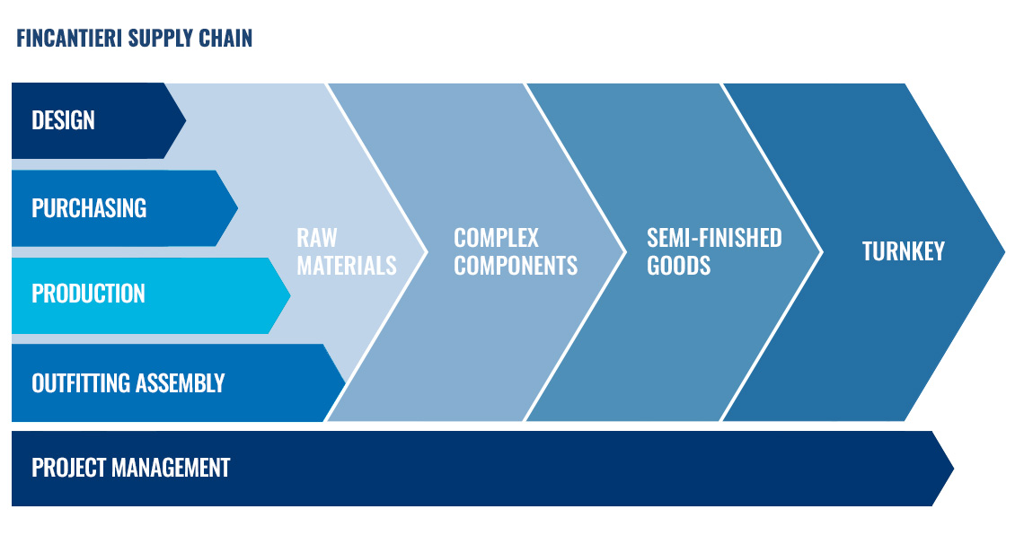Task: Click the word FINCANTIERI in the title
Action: click(x=69, y=39)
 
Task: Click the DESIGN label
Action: click(x=64, y=120)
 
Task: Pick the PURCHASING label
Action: click(x=89, y=208)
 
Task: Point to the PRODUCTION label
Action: click(x=88, y=294)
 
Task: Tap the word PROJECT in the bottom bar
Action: click(x=69, y=468)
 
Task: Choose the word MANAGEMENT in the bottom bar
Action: click(x=171, y=468)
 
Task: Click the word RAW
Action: click(x=317, y=238)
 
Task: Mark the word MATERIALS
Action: click(x=347, y=266)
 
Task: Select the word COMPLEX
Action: click(x=497, y=238)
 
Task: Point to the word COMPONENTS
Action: click(x=516, y=266)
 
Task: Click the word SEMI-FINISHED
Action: click(x=714, y=238)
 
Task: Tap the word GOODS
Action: click(x=678, y=266)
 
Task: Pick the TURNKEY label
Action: click(x=903, y=251)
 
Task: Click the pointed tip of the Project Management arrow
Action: click(x=953, y=468)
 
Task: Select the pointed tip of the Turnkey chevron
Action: click(x=1004, y=251)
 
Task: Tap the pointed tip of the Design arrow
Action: click(x=185, y=120)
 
